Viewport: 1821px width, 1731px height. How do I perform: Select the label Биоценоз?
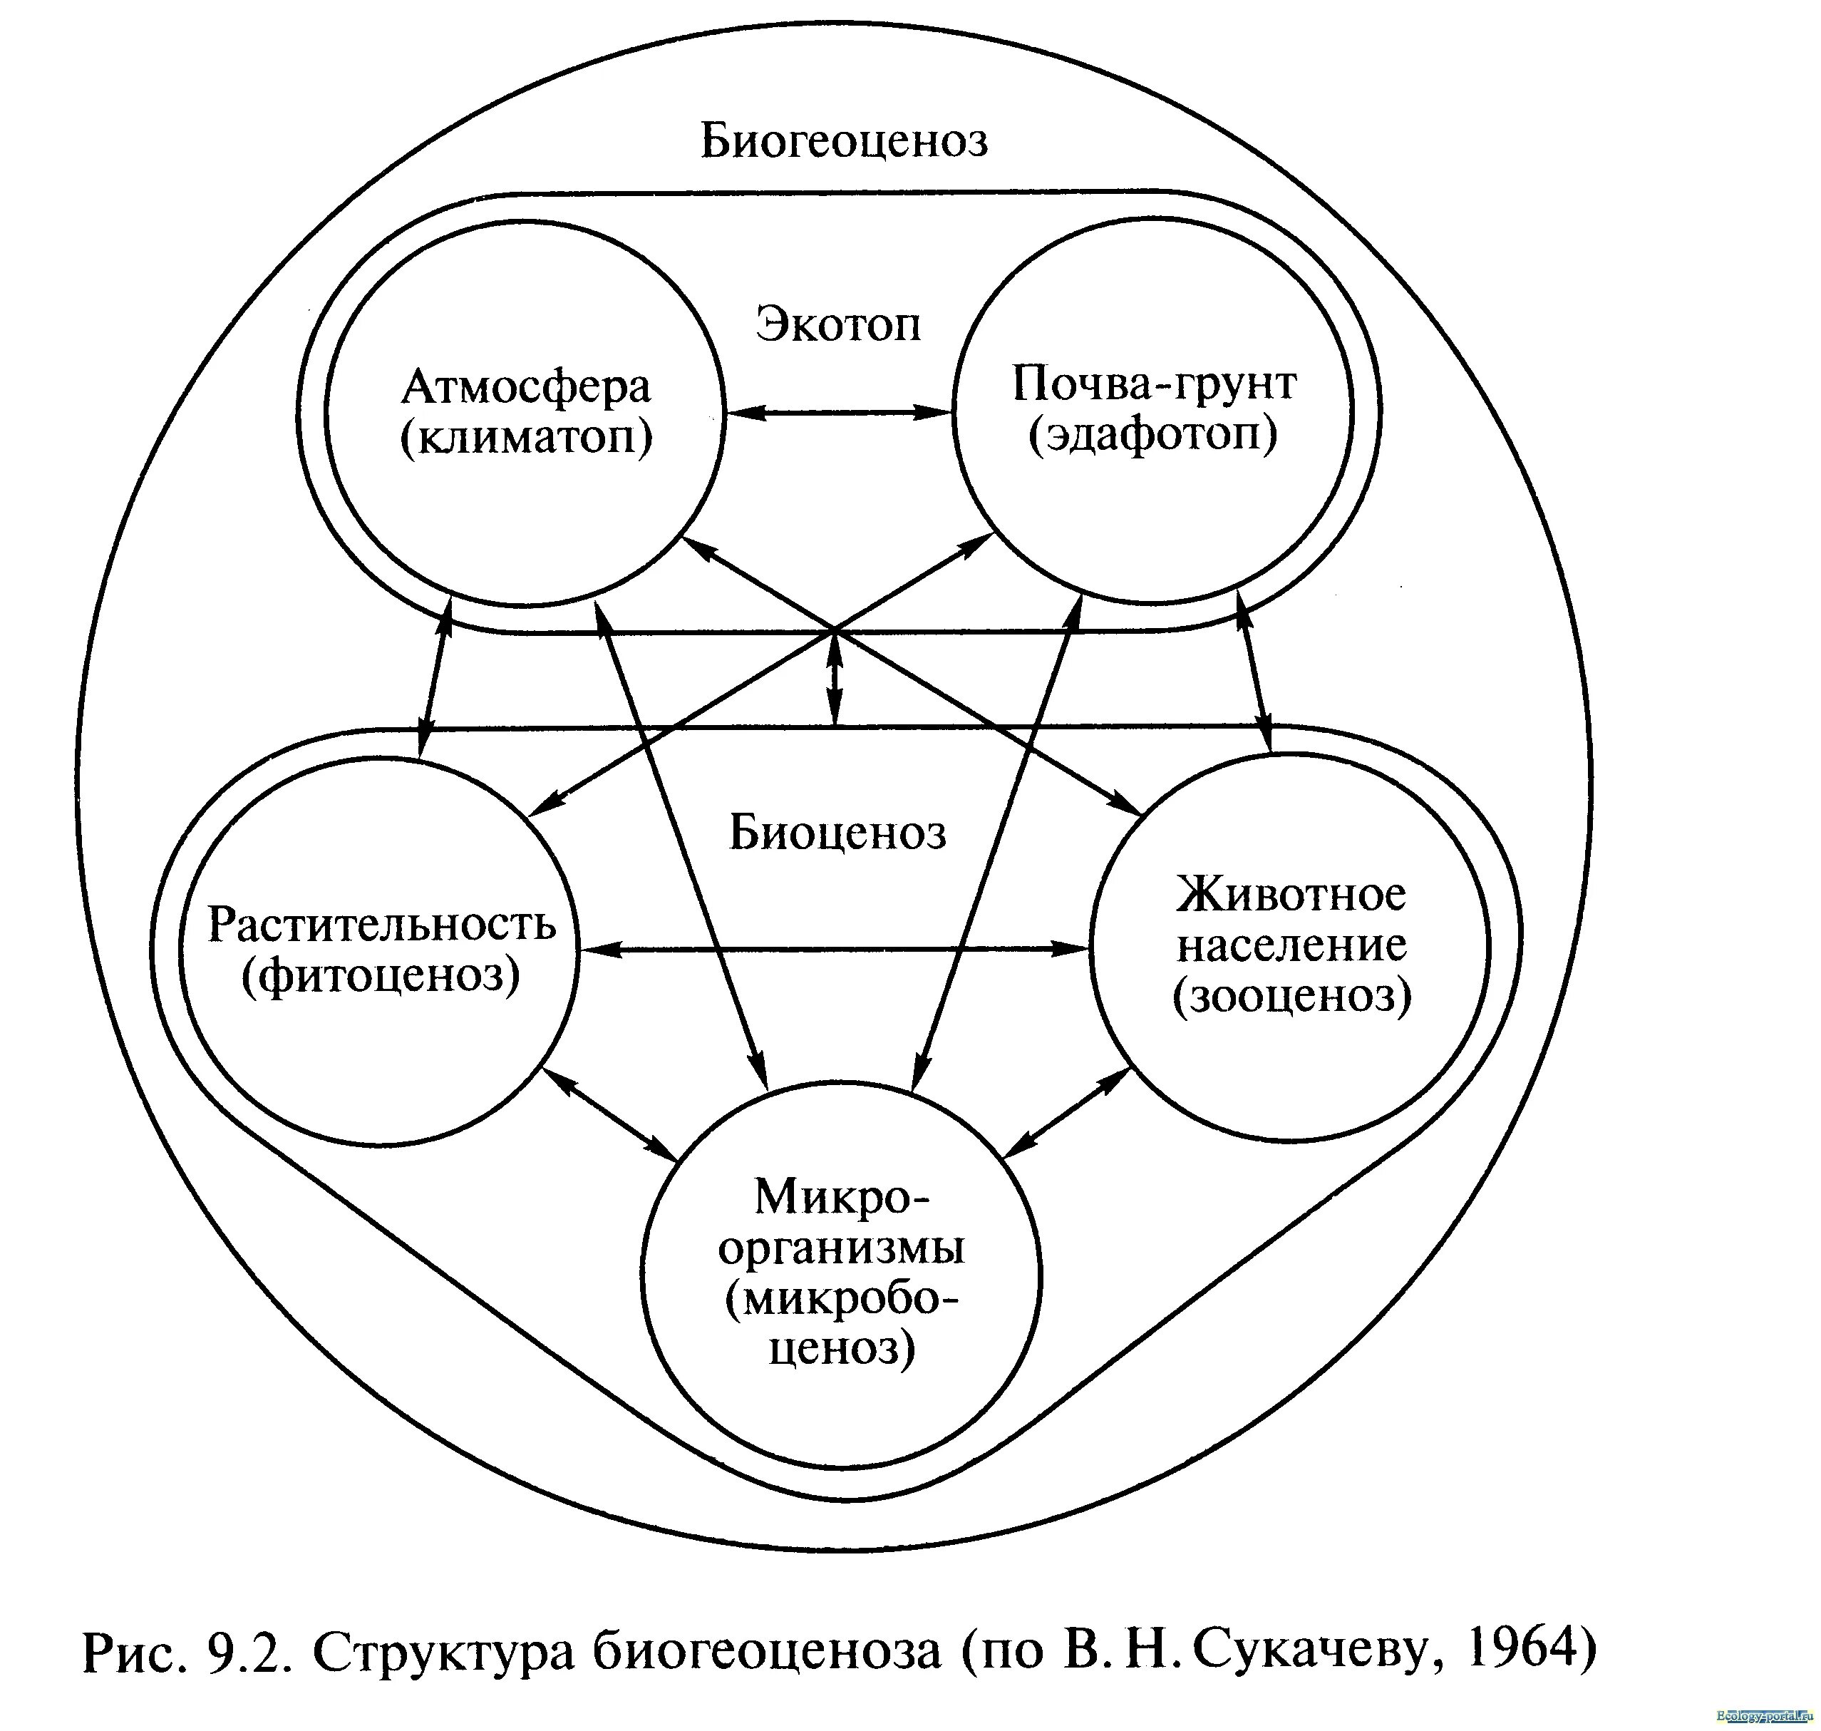(x=837, y=832)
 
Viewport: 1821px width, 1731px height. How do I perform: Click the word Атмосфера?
(x=526, y=388)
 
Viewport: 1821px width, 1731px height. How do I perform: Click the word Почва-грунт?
(x=1154, y=383)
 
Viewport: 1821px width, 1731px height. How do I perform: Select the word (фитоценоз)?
(x=381, y=975)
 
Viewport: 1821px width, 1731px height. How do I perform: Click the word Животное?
(x=1291, y=894)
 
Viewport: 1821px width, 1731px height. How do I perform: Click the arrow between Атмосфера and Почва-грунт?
(x=837, y=413)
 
